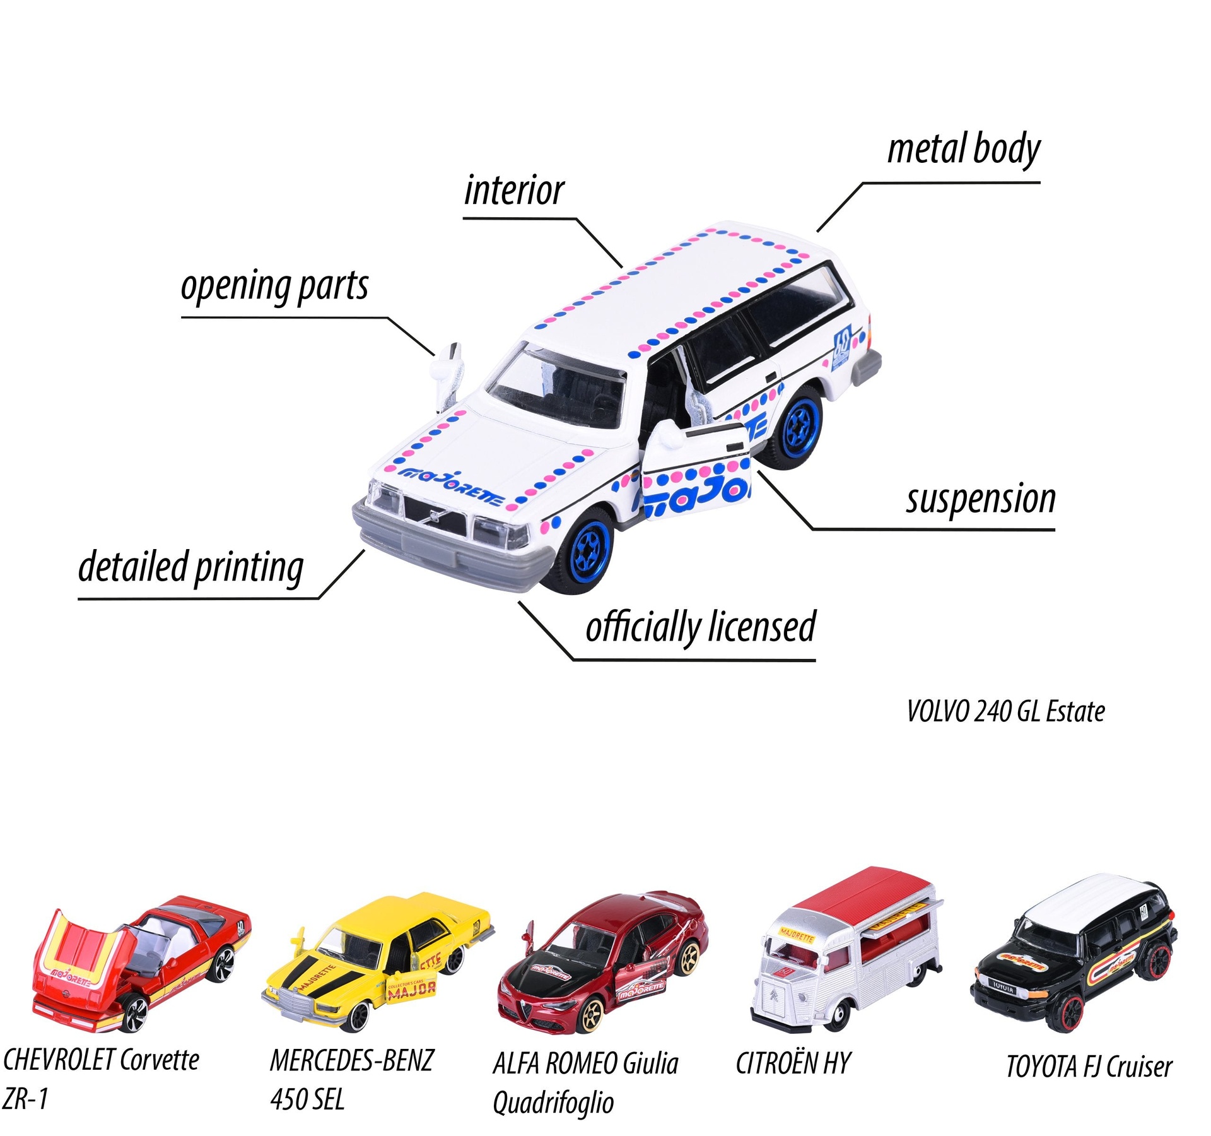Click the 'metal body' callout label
pos(963,150)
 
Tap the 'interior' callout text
pos(514,191)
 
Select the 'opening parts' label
pos(274,287)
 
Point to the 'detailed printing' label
pos(190,567)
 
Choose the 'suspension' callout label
pos(981,499)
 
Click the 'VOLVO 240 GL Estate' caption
pos(1005,711)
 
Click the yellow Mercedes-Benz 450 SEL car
pos(378,959)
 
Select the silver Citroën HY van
pos(845,947)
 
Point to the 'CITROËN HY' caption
pos(793,1063)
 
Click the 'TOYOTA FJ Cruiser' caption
pos(1089,1067)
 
